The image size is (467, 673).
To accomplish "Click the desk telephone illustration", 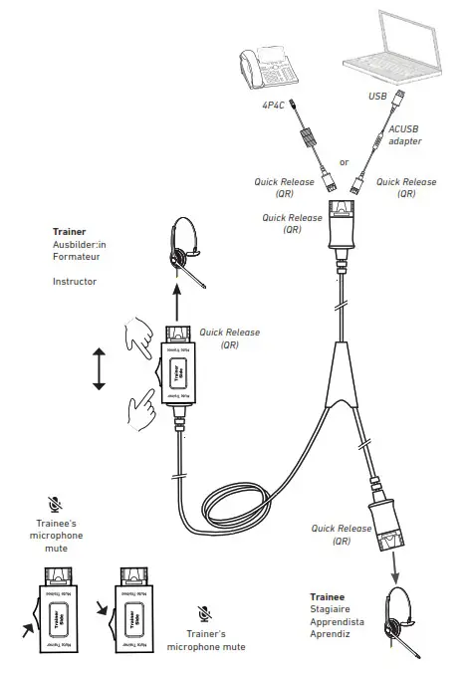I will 268,67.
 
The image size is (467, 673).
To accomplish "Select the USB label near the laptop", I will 376,98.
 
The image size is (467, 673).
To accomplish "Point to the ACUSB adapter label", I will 404,134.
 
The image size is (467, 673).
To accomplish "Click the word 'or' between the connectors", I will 345,162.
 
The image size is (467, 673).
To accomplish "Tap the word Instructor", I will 75,282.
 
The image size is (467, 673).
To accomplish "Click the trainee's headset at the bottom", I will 397,626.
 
